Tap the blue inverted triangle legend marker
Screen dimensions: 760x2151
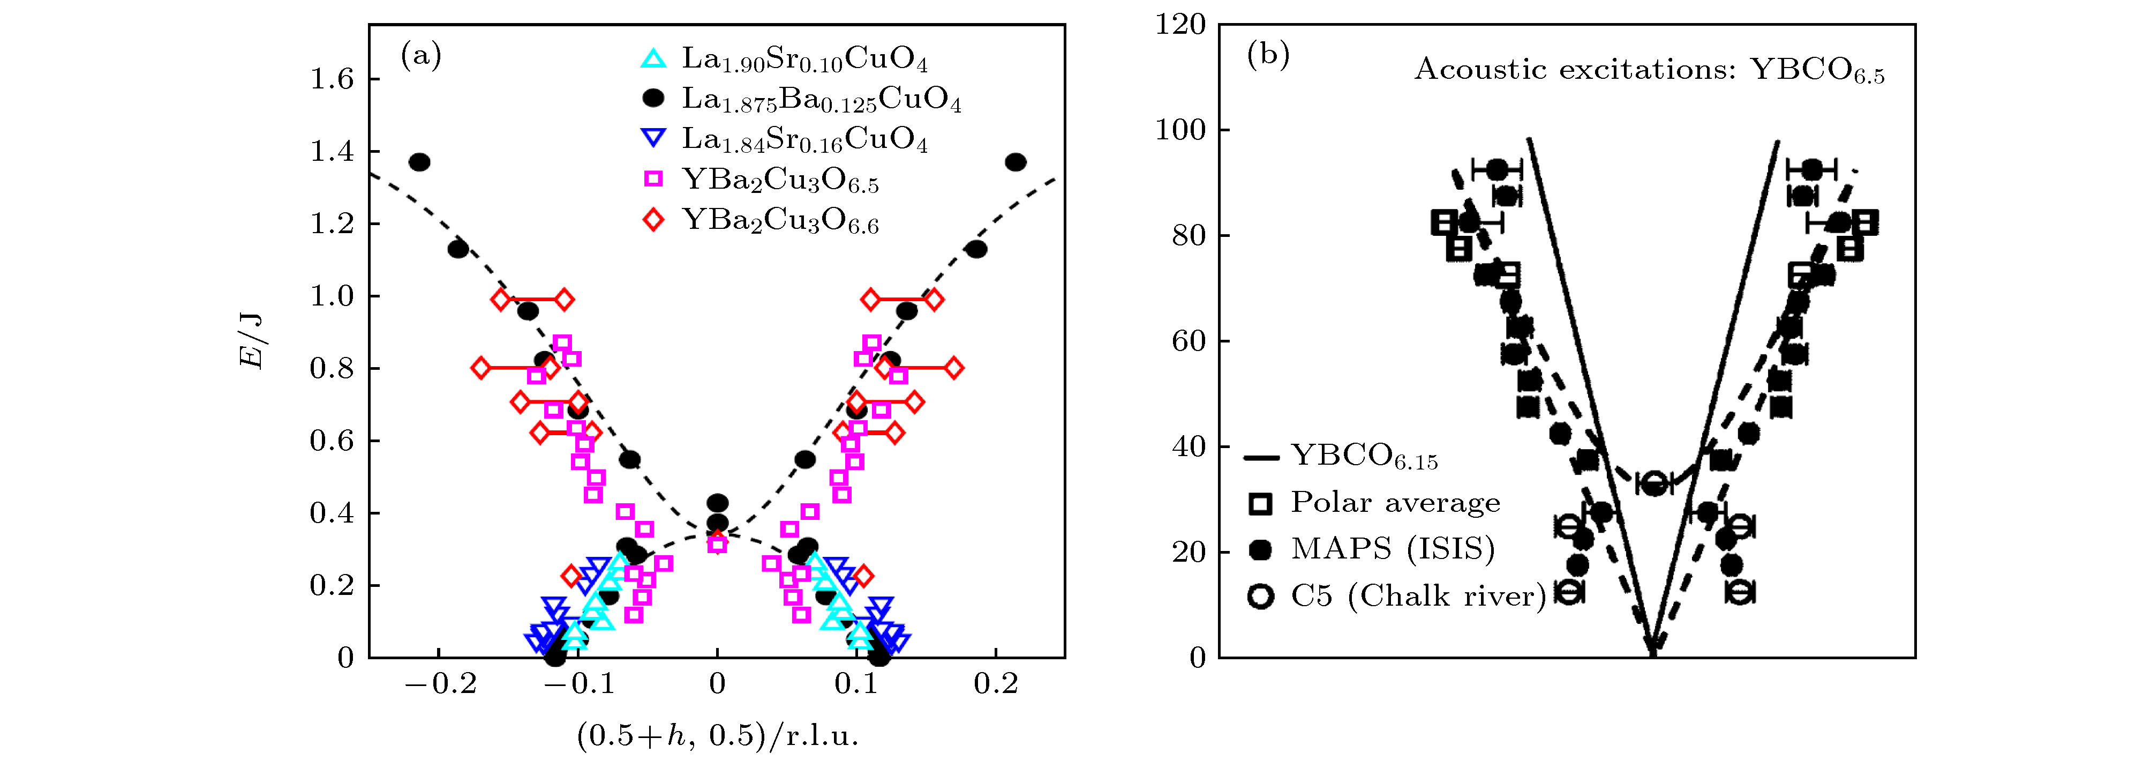pos(653,139)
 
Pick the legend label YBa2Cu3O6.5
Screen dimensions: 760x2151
pos(780,181)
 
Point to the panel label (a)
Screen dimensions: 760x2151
pos(421,55)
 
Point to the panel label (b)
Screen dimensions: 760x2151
pos(1268,55)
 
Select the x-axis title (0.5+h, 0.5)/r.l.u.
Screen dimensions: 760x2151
pos(717,734)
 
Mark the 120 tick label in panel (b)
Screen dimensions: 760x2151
pos(1180,25)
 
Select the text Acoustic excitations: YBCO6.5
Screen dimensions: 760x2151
pos(1649,71)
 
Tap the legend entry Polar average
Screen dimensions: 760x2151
pos(1395,502)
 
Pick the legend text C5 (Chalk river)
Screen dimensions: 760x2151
pos(1418,595)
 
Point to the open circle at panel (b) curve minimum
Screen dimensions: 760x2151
pos(1653,483)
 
